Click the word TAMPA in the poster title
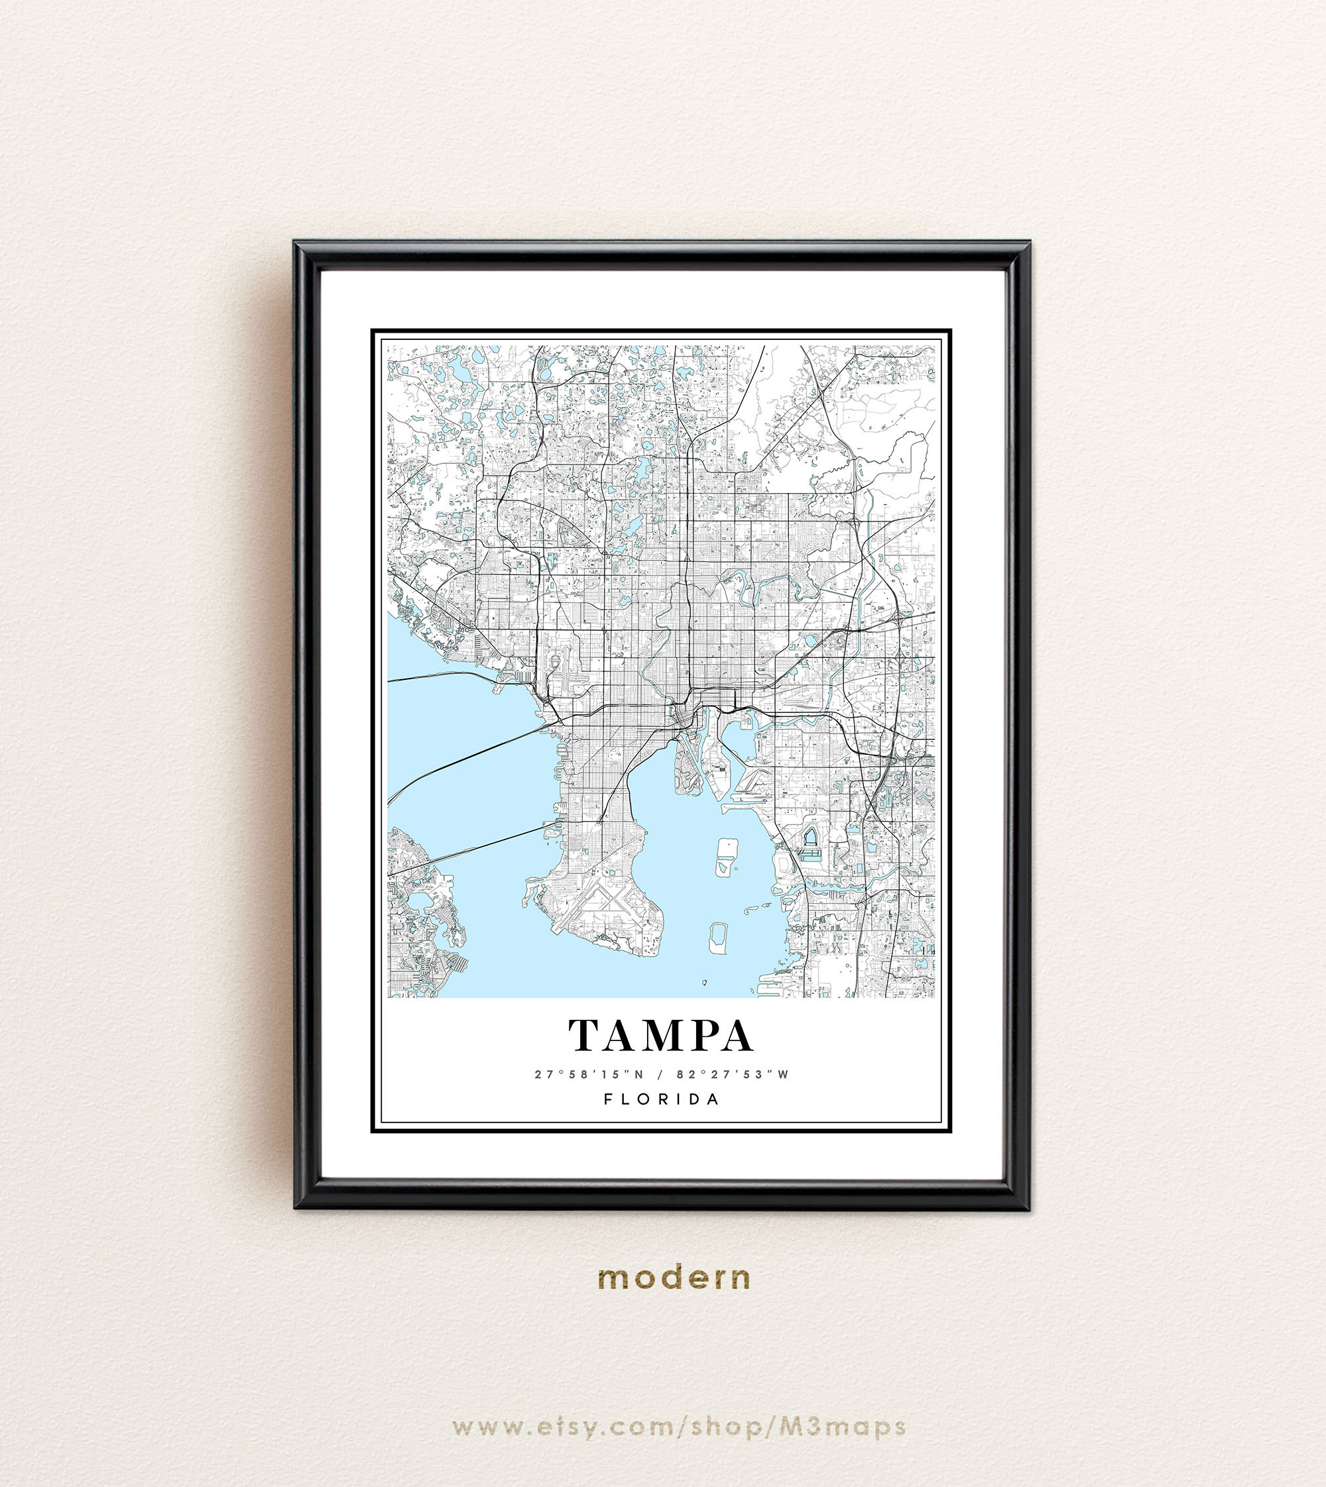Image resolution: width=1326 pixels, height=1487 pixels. point(660,1036)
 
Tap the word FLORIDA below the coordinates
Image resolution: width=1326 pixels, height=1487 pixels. point(662,1099)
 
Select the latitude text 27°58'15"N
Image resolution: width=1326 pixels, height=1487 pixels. point(589,1074)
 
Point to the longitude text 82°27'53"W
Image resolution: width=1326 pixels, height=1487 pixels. point(732,1074)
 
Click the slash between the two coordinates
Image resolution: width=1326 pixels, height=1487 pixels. point(660,1074)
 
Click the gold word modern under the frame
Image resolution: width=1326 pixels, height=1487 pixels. point(674,1278)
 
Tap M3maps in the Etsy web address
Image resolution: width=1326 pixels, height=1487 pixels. point(843,1427)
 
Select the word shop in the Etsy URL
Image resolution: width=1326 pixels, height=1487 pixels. point(729,1427)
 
